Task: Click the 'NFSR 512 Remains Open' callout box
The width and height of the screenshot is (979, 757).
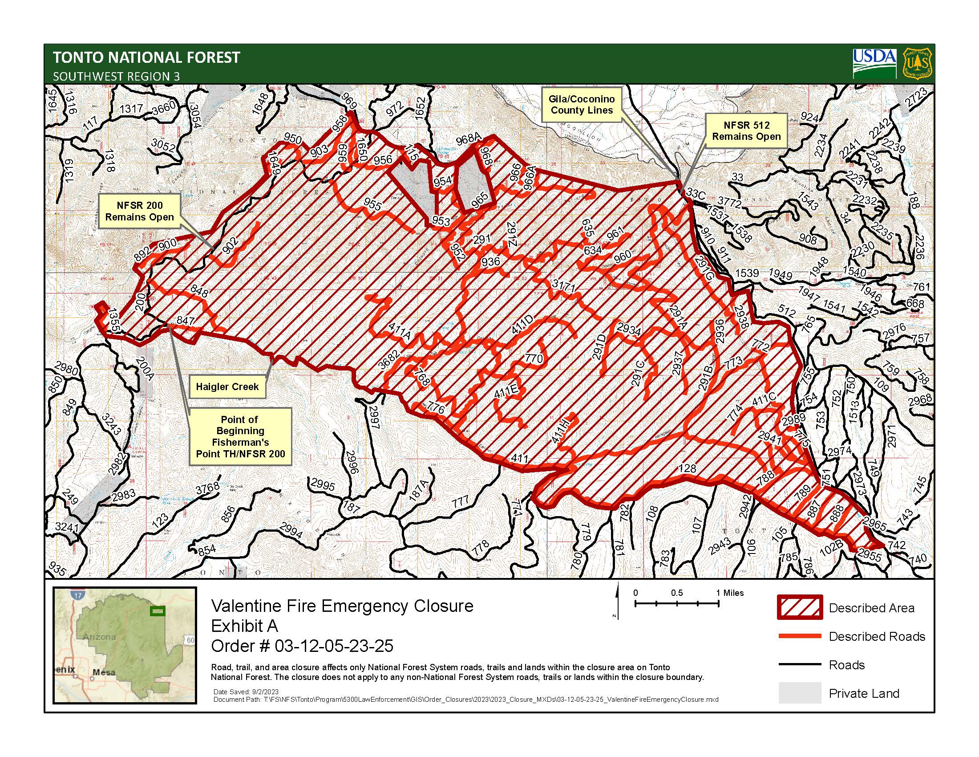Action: pyautogui.click(x=746, y=130)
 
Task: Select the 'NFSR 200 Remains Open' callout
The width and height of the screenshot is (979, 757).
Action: pyautogui.click(x=139, y=211)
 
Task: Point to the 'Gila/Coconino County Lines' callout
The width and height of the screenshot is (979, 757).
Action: pyautogui.click(x=582, y=105)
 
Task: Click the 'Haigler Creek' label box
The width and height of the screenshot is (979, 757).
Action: pyautogui.click(x=227, y=387)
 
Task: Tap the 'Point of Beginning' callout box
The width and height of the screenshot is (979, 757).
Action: pyautogui.click(x=240, y=437)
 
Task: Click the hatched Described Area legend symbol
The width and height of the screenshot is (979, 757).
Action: pyautogui.click(x=800, y=607)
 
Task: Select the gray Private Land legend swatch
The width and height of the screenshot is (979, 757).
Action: pyautogui.click(x=800, y=693)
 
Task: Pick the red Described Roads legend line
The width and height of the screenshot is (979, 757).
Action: pyautogui.click(x=800, y=636)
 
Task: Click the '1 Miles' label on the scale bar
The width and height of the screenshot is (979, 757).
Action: pyautogui.click(x=730, y=593)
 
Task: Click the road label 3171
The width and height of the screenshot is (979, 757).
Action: pyautogui.click(x=563, y=286)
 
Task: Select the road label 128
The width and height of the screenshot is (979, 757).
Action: pyautogui.click(x=687, y=468)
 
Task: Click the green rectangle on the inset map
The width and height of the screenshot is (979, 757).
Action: pyautogui.click(x=157, y=611)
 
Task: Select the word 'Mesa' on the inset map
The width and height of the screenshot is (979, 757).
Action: pyautogui.click(x=104, y=672)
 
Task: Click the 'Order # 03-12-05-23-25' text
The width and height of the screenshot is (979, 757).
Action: pyautogui.click(x=302, y=646)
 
